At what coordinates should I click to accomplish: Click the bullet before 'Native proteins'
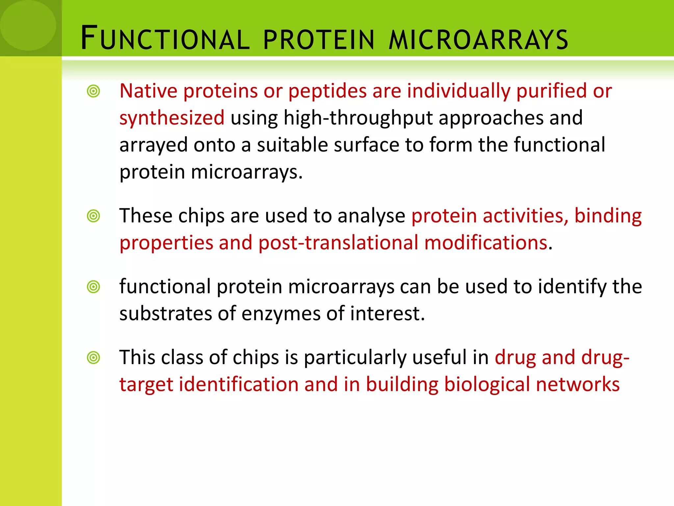point(93,91)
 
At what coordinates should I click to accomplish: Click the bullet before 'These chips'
point(93,216)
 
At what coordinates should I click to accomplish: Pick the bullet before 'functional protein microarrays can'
point(93,287)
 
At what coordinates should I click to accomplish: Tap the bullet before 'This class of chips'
point(93,357)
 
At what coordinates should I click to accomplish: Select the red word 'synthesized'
point(172,118)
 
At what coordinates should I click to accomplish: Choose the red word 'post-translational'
point(338,243)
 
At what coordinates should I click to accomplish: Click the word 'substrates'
point(165,314)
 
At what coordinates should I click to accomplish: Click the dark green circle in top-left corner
point(28,25)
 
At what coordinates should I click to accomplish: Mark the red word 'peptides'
point(327,92)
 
